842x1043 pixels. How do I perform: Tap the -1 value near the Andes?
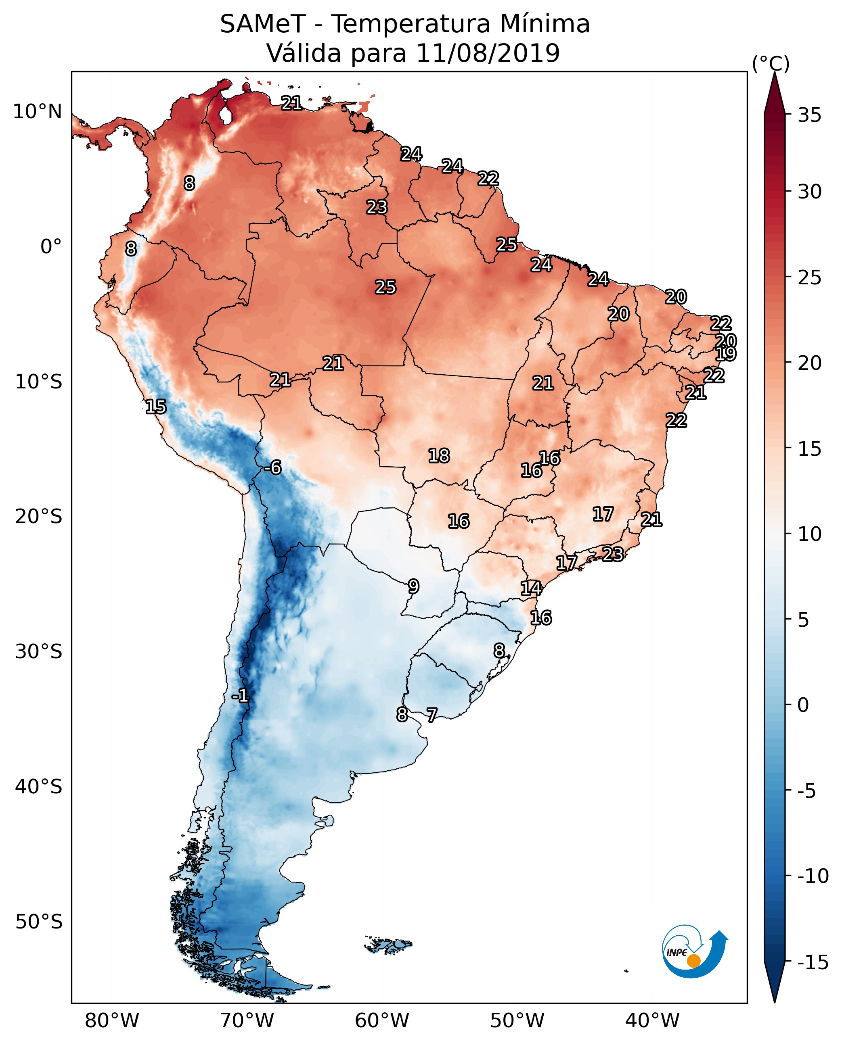point(240,696)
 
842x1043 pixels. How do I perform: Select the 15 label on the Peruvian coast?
point(156,407)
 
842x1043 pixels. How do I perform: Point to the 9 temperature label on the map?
point(413,586)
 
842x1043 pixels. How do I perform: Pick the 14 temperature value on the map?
point(531,588)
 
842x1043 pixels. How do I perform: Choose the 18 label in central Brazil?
point(439,456)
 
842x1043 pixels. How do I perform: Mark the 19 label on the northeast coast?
point(726,354)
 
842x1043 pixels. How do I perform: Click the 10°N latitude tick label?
point(38,112)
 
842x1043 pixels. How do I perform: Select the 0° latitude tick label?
point(51,247)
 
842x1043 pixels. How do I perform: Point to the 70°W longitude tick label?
point(247,1021)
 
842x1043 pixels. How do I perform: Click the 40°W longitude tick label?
point(652,1021)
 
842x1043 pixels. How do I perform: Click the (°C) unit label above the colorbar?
point(771,63)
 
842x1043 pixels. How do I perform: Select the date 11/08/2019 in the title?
point(488,53)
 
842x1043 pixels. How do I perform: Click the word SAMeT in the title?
point(263,24)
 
